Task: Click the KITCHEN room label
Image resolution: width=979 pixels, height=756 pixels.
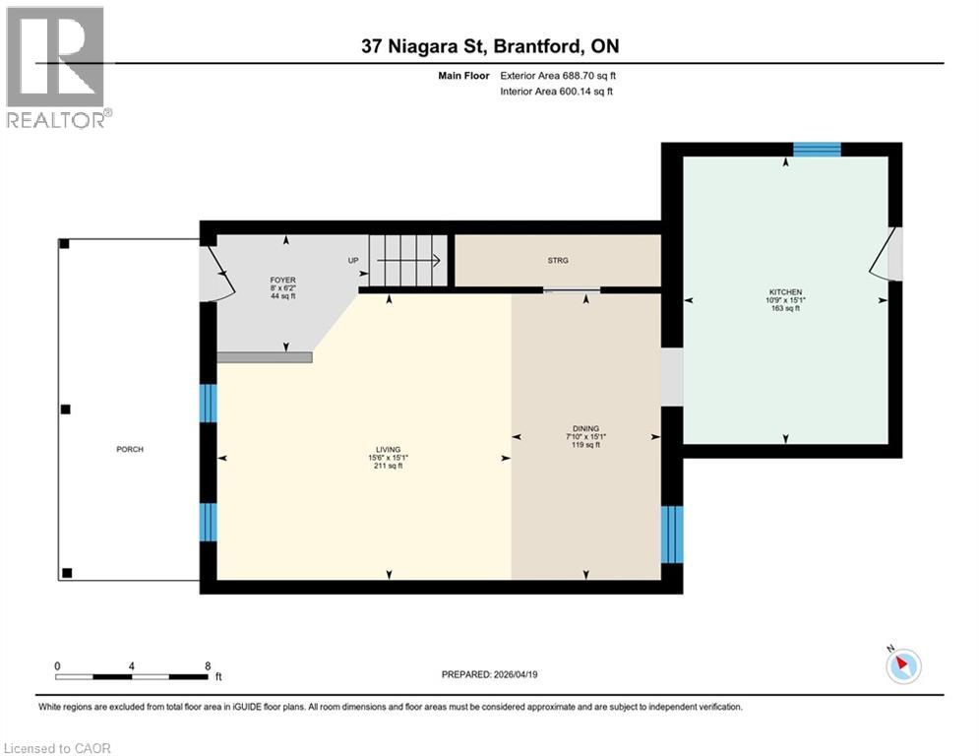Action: pyautogui.click(x=785, y=292)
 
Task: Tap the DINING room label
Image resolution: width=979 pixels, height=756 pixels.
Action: pyautogui.click(x=586, y=428)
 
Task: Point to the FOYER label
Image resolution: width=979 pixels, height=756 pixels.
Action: pyautogui.click(x=283, y=281)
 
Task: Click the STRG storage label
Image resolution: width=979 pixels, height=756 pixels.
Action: pyautogui.click(x=558, y=260)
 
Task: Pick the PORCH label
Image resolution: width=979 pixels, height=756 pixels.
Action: pyautogui.click(x=129, y=449)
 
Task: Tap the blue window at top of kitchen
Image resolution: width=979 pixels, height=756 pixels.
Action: pyautogui.click(x=817, y=150)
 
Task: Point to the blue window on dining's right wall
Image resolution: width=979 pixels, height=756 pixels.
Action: pyautogui.click(x=671, y=535)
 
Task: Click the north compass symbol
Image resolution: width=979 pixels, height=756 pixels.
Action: pyautogui.click(x=901, y=665)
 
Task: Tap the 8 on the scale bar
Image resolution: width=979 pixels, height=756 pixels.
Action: pyautogui.click(x=208, y=666)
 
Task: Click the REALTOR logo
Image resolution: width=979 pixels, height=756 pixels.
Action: pyautogui.click(x=57, y=67)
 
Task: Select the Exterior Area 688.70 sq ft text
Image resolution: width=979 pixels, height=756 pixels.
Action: pyautogui.click(x=557, y=75)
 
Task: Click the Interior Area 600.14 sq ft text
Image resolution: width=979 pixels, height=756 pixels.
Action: pyautogui.click(x=557, y=92)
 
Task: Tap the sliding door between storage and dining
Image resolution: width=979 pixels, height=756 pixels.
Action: pyautogui.click(x=572, y=289)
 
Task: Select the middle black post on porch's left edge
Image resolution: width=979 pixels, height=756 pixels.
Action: pyautogui.click(x=65, y=409)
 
